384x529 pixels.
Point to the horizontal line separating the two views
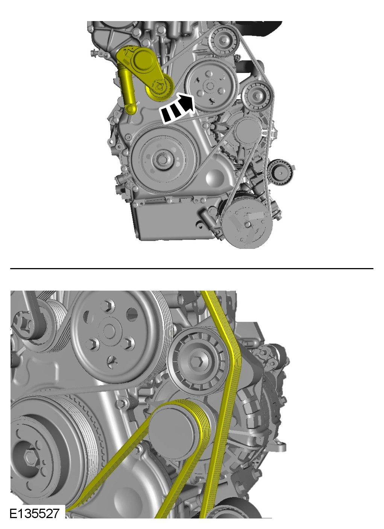pyautogui.click(x=192, y=268)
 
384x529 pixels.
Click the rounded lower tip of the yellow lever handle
pyautogui.click(x=131, y=109)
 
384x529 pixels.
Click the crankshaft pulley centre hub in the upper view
pyautogui.click(x=162, y=160)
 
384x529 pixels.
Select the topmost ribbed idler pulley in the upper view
pyautogui.click(x=224, y=41)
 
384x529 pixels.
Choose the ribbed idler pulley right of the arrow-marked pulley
pyautogui.click(x=257, y=95)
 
